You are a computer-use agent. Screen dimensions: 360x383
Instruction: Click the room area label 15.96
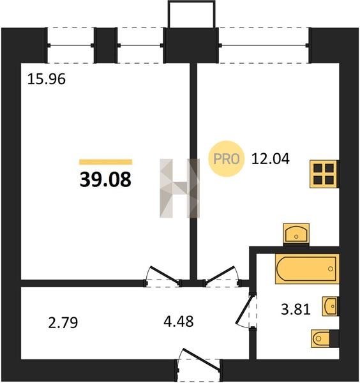(47, 79)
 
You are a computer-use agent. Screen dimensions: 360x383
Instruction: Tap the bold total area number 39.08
(105, 179)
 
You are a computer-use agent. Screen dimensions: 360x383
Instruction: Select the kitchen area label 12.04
(271, 158)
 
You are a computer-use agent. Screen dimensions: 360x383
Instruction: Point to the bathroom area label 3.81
(296, 309)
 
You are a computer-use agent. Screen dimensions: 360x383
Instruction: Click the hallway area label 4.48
(179, 322)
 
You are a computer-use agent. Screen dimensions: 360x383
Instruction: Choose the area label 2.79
(63, 322)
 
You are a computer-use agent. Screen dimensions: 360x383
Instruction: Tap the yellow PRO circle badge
(227, 159)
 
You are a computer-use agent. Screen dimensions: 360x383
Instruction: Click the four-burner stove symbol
(324, 174)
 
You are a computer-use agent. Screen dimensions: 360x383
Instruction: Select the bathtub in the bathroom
(307, 269)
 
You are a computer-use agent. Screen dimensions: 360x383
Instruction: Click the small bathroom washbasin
(330, 306)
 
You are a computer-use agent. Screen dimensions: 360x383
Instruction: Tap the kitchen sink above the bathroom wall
(296, 234)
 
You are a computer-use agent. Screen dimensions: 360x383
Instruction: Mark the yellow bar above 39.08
(106, 162)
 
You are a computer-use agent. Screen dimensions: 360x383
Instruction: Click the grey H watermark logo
(180, 188)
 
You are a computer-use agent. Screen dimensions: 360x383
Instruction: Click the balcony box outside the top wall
(191, 14)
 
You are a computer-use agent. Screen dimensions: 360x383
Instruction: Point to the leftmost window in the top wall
(70, 45)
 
